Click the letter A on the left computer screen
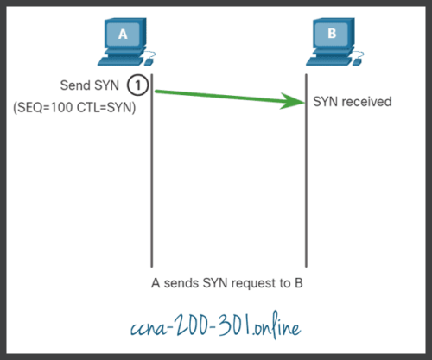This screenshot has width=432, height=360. coord(122,35)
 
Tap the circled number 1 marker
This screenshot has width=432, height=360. coord(137,85)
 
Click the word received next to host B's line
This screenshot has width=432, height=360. coord(366,102)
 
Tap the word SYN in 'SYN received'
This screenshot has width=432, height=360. coord(326,102)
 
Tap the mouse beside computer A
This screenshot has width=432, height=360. coord(151,62)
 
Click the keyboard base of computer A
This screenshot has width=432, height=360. coord(123,62)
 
